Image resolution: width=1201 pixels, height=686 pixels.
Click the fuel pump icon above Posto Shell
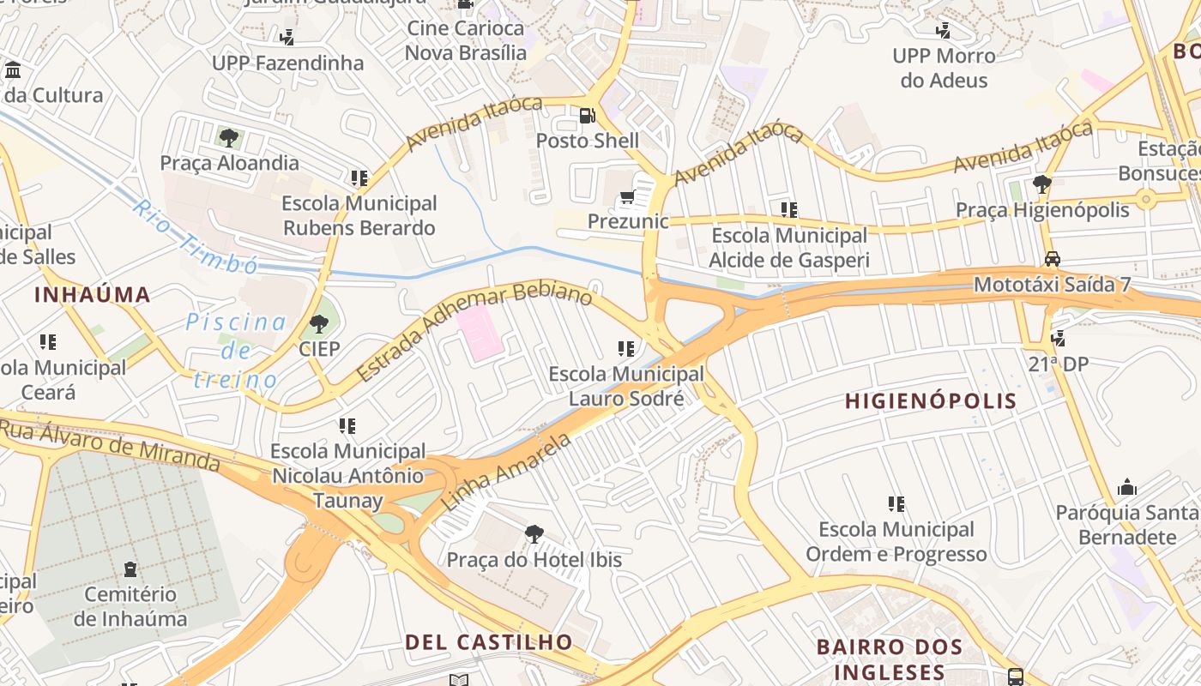588,115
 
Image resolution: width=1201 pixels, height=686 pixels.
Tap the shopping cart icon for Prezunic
627,198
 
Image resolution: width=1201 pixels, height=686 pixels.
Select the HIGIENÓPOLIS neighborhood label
931,400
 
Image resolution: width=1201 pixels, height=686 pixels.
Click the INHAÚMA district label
93,295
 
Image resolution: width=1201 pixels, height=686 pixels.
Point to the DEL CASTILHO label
488,641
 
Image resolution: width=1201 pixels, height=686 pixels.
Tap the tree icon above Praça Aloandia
229,137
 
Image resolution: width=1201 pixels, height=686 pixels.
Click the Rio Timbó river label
195,238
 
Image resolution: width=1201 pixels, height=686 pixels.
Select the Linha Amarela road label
506,472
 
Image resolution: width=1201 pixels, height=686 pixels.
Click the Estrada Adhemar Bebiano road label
474,332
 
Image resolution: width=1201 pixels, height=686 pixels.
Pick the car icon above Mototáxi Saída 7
1052,259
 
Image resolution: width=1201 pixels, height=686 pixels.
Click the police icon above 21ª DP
1058,339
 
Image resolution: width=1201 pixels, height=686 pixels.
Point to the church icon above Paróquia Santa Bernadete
1127,488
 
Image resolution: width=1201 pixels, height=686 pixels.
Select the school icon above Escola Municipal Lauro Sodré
626,349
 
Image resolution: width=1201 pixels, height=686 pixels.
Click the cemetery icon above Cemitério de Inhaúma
130,569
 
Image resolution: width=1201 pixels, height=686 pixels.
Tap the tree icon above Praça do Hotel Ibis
534,534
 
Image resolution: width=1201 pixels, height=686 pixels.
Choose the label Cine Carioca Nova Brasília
465,40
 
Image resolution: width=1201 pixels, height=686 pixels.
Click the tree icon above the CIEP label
319,324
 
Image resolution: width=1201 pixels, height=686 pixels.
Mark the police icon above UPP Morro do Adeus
943,31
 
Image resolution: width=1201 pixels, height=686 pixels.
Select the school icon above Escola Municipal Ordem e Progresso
896,504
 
